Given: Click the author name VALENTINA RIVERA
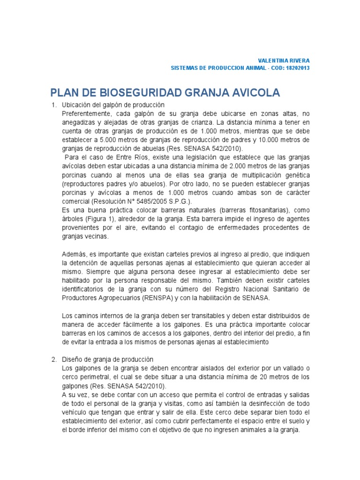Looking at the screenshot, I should pos(284,61).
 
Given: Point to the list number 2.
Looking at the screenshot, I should pos(53,359).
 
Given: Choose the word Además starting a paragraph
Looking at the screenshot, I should pos(73,254).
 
